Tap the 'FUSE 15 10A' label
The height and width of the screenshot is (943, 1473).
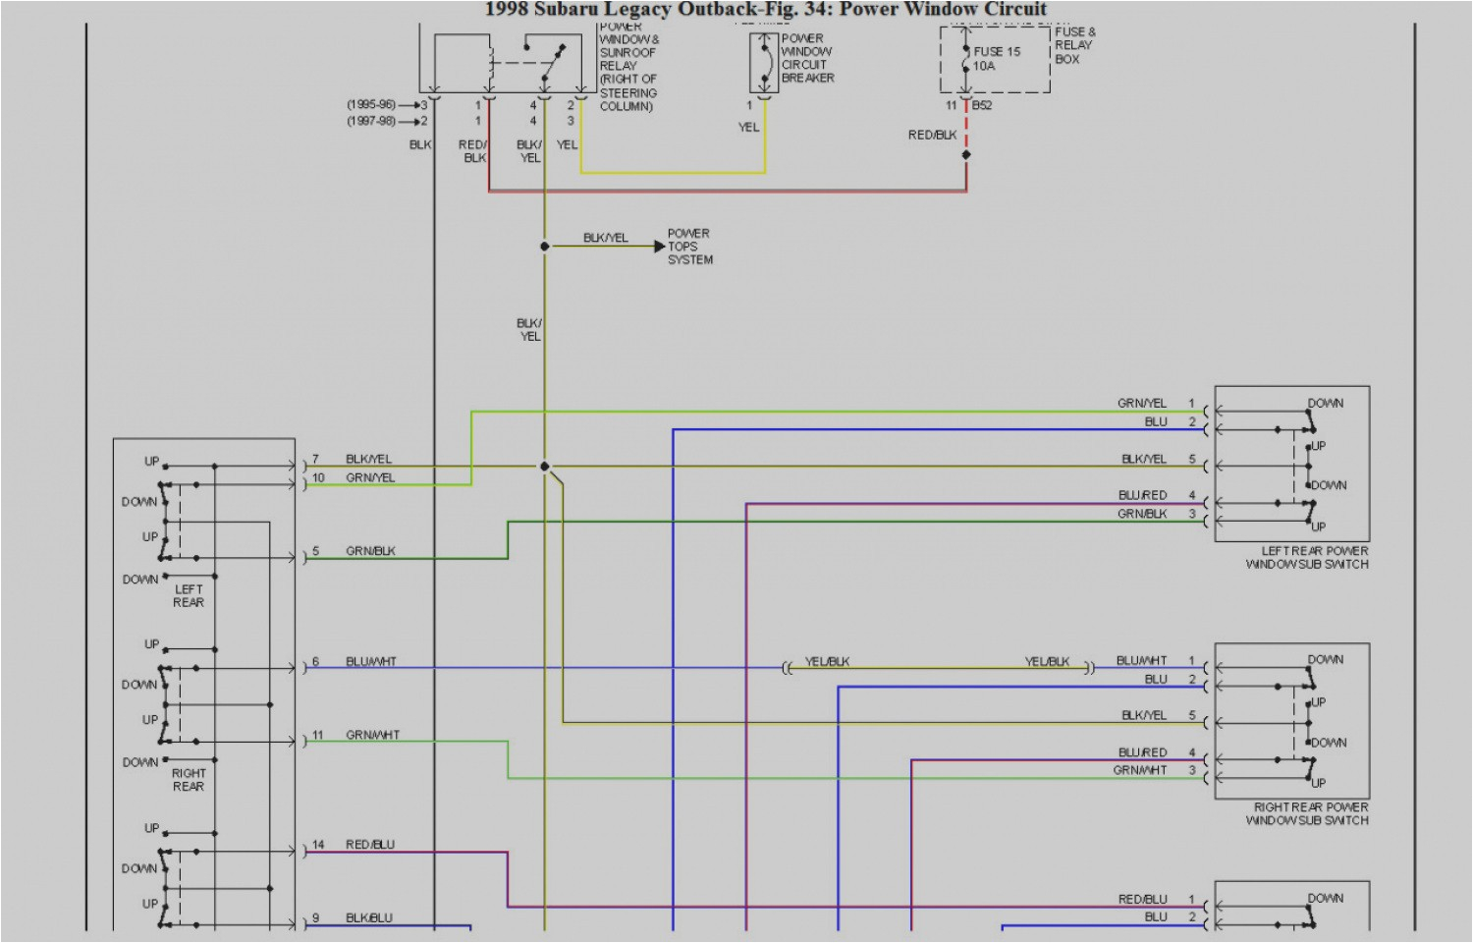996,59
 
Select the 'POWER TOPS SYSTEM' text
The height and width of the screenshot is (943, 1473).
689,247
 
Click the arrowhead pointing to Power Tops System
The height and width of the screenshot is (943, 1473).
660,247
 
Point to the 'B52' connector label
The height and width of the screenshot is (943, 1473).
982,105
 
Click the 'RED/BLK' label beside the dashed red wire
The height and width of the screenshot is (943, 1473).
932,135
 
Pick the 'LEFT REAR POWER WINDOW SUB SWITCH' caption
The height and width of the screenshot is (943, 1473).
1307,558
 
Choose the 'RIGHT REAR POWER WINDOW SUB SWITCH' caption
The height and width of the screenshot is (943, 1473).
1307,813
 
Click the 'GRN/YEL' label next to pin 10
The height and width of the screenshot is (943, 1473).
370,478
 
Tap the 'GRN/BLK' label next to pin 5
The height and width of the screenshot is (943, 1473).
370,551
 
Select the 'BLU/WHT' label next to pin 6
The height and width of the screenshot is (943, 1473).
371,662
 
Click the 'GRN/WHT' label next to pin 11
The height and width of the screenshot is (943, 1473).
372,735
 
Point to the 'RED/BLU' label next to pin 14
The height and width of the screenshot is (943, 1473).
370,845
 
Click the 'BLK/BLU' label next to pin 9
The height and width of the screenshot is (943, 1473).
369,918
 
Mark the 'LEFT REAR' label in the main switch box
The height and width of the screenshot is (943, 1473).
189,596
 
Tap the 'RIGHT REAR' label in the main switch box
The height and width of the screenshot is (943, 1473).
189,780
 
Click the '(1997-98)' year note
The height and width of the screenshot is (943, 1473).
370,121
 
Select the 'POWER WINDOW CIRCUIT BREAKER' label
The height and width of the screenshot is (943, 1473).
807,58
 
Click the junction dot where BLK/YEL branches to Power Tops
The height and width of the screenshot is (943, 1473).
545,247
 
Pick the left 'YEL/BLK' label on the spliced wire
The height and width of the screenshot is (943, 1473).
827,662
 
